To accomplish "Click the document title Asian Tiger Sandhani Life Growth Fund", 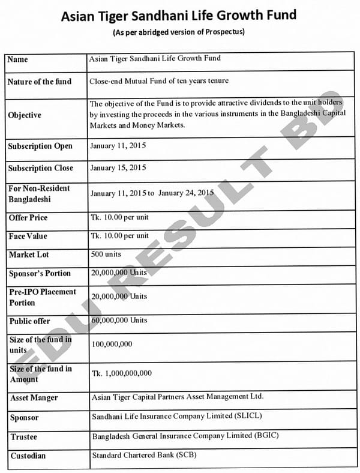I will (x=179, y=15).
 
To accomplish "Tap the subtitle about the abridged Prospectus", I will (x=179, y=32).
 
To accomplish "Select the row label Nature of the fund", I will (x=39, y=82).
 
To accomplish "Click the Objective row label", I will (x=25, y=115).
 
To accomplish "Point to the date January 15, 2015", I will (x=118, y=167).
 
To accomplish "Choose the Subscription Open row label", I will (x=40, y=146).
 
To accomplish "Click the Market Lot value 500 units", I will (x=106, y=255).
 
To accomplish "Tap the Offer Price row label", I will (x=28, y=217).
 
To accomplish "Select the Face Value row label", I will (x=28, y=237).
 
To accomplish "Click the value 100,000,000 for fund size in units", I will (x=112, y=344).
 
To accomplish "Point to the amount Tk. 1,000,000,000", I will (x=122, y=373).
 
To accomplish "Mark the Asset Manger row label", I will (x=34, y=398).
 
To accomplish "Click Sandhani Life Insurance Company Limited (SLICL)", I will (x=177, y=416).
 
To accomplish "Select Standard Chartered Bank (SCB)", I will (x=144, y=455).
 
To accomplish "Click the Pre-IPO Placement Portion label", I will (x=43, y=297).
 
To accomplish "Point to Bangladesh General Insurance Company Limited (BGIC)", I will (x=185, y=435).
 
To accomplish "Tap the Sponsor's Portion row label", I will (x=40, y=274).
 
